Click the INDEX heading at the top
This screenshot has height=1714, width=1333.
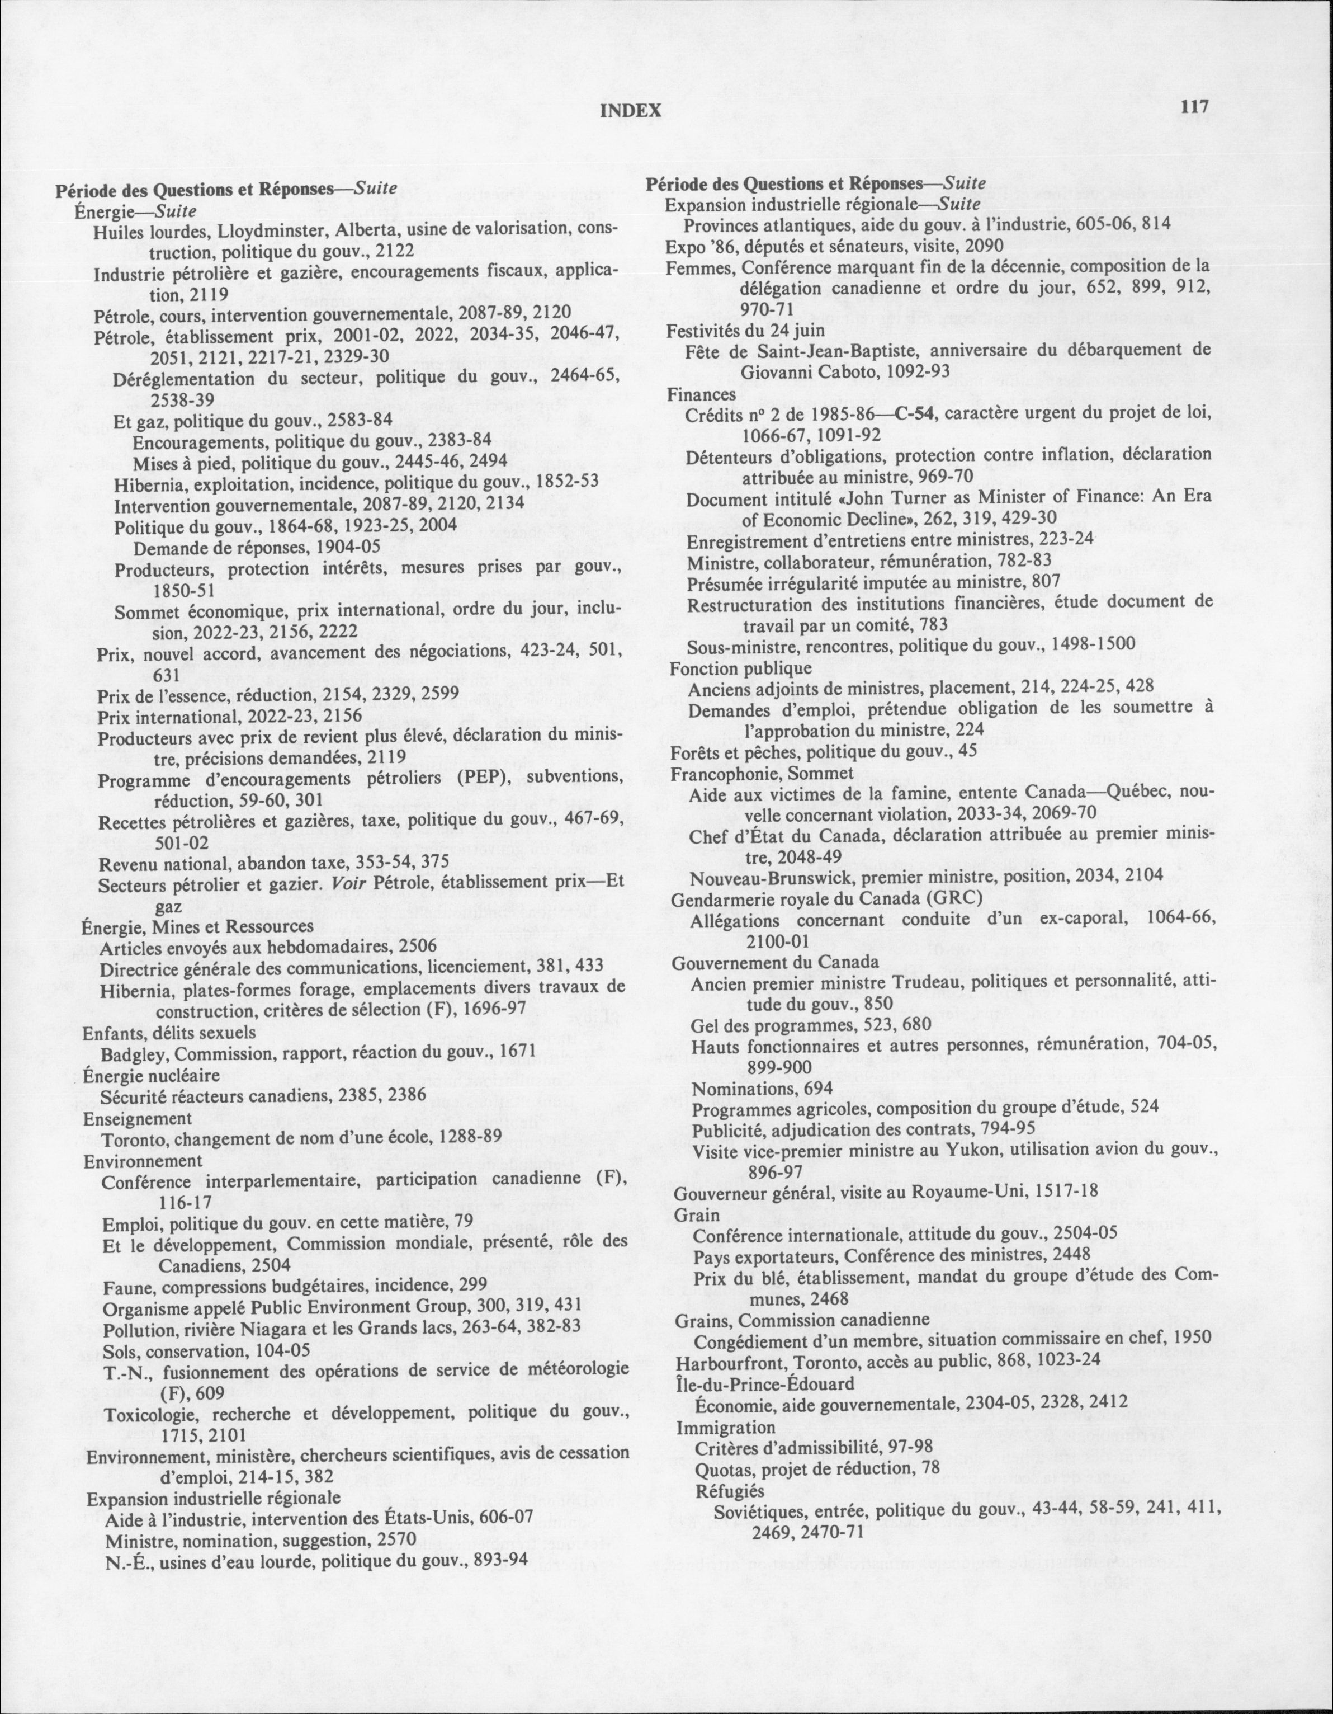click(630, 111)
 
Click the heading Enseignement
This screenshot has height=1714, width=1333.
click(138, 1118)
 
